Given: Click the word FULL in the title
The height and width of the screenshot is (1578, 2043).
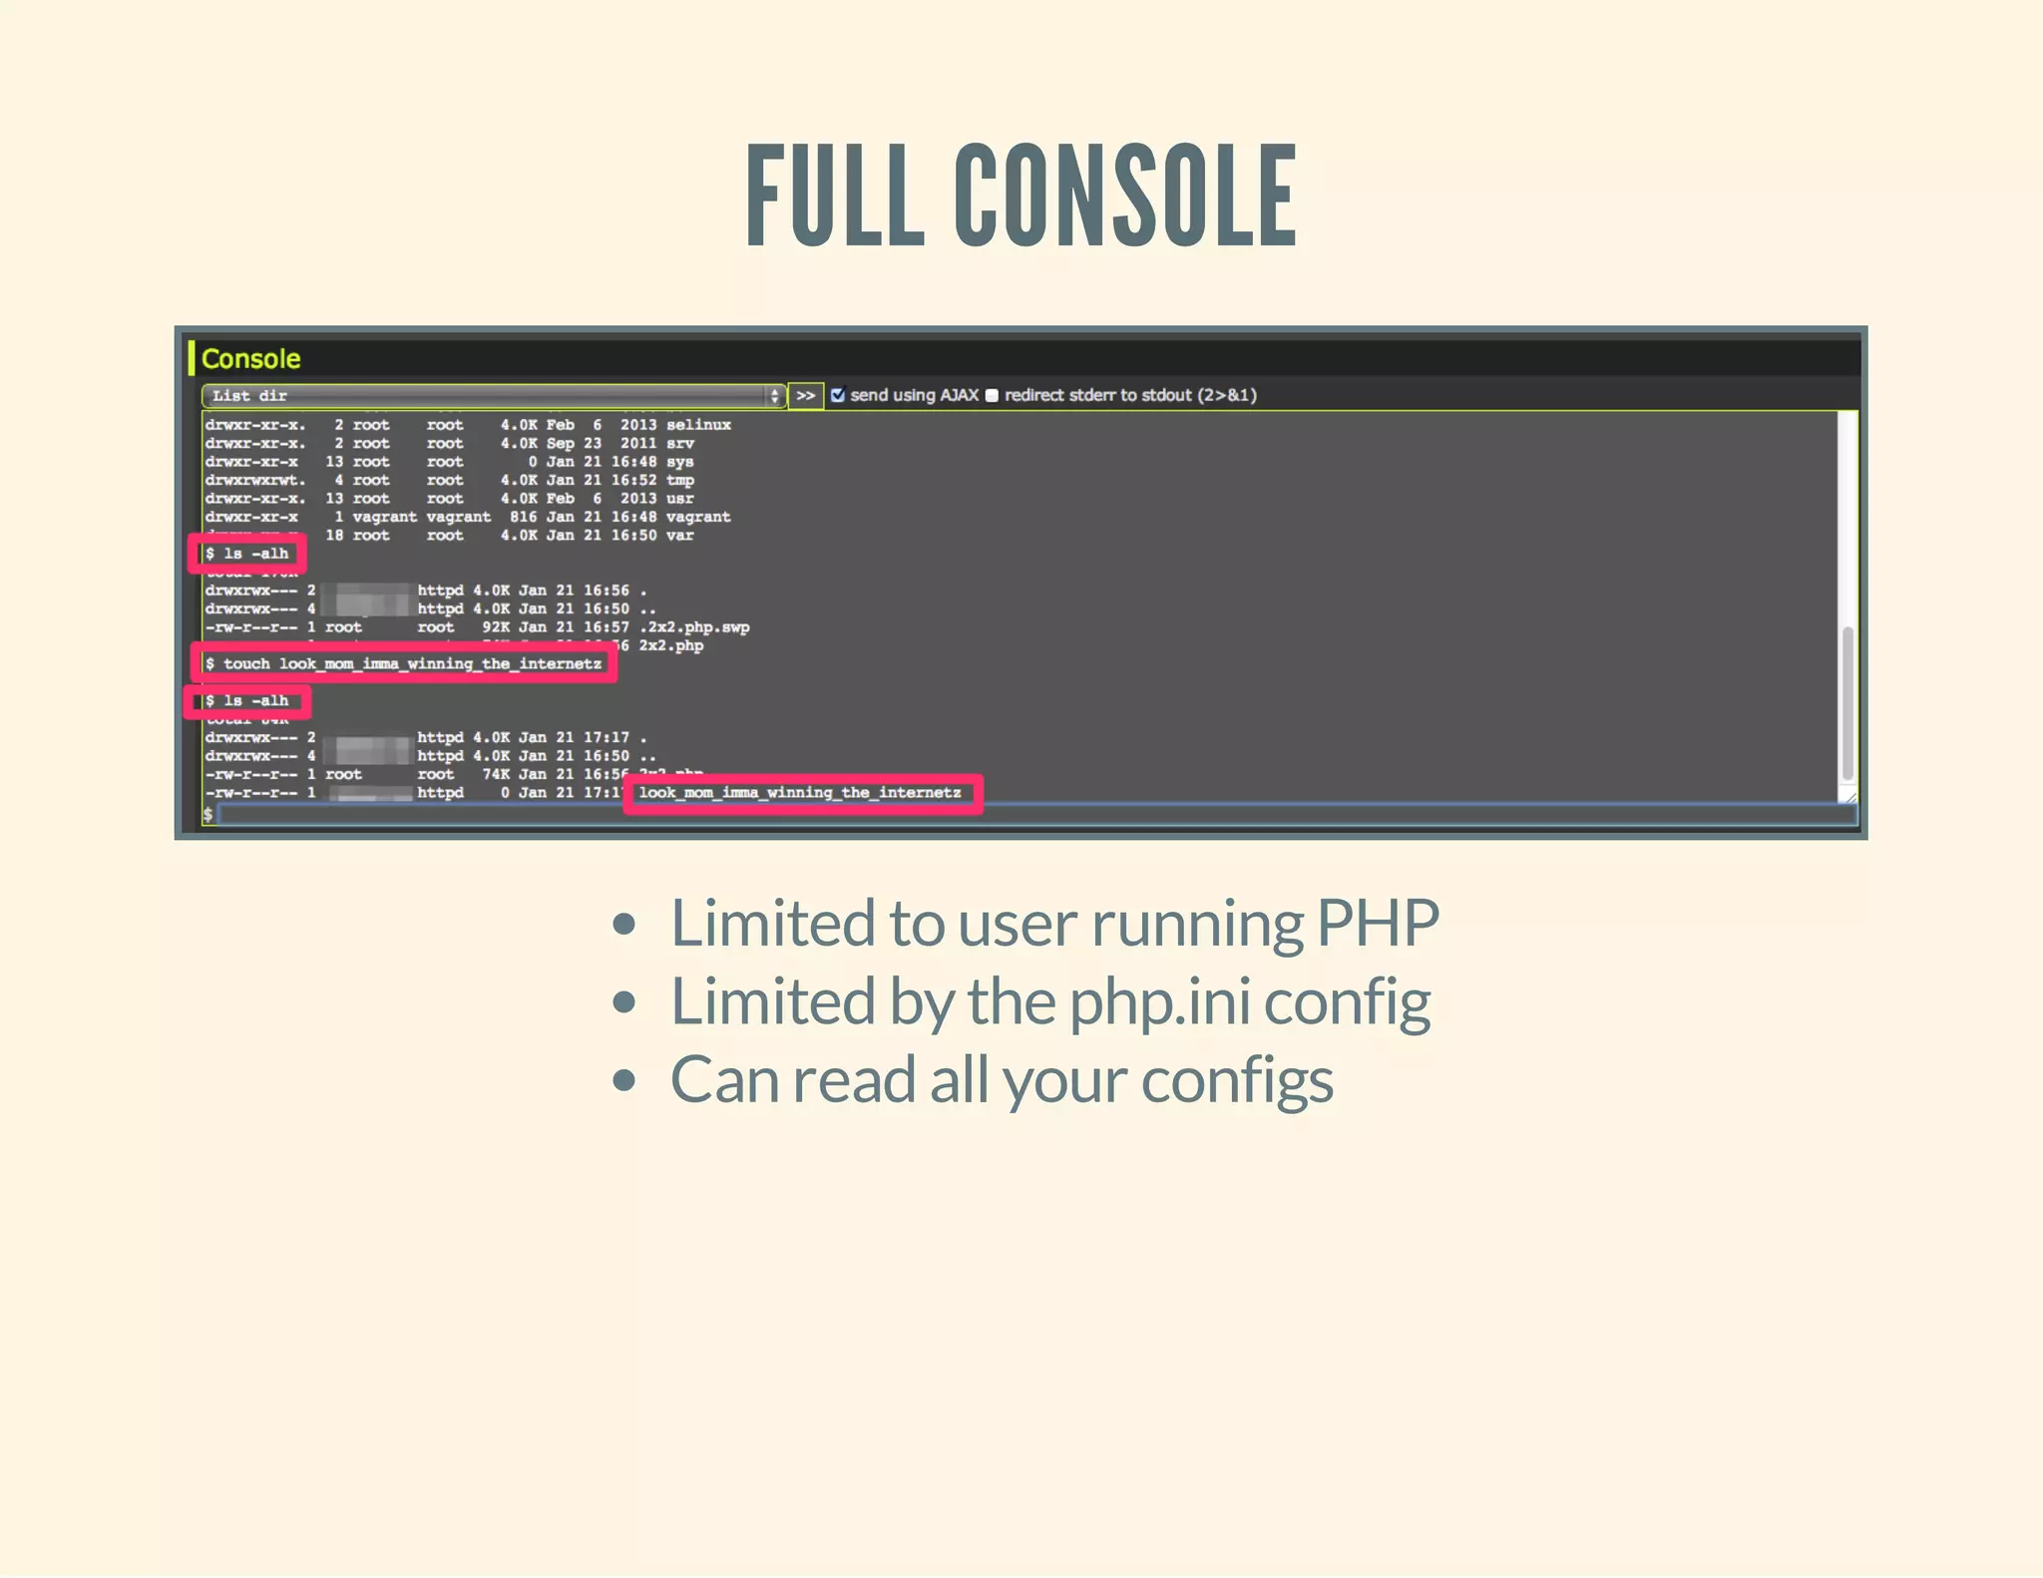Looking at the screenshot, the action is coord(835,196).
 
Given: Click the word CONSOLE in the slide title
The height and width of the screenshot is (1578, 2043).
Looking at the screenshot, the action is coord(1125,196).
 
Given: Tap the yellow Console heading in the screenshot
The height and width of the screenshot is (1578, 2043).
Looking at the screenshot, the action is coord(250,359).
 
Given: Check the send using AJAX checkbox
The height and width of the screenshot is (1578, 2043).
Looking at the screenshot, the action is coord(838,395).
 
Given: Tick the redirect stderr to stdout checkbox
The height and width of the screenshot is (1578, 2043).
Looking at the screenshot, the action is coord(992,395).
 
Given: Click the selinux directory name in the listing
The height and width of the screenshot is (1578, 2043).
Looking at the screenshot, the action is coord(698,425).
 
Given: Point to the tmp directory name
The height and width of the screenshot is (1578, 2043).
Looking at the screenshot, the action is coord(679,480).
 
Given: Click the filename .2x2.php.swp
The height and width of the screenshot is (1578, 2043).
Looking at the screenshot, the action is coord(694,627).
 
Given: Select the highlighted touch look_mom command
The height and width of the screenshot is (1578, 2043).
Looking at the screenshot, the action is coord(403,663).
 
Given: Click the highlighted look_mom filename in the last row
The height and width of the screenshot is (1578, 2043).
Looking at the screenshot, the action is coord(800,793).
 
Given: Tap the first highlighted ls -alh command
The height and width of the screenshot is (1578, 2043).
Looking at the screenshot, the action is coord(247,554).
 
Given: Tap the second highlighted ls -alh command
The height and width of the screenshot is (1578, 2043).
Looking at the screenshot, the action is coord(247,701).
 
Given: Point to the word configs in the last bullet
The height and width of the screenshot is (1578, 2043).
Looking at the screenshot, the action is coord(1236,1080).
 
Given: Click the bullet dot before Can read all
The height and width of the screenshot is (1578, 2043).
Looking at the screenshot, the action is coord(624,1080).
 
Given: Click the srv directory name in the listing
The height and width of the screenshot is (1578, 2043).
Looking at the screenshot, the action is coord(679,443).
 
